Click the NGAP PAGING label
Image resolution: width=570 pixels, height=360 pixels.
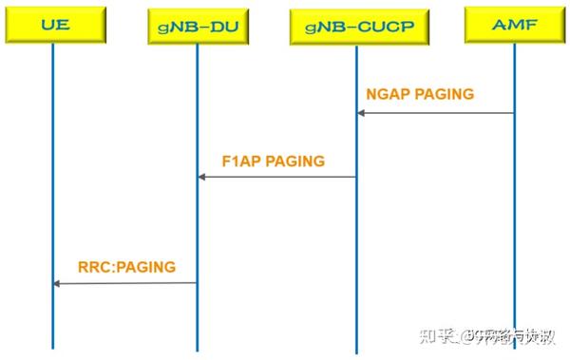(x=420, y=94)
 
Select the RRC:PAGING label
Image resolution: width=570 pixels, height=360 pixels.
(x=126, y=267)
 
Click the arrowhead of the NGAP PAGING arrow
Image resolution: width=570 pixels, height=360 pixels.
(x=361, y=113)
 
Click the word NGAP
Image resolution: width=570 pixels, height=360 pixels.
(x=387, y=94)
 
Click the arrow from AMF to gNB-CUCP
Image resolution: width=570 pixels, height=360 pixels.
(x=437, y=113)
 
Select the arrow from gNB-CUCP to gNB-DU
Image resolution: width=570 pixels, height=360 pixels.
(x=277, y=177)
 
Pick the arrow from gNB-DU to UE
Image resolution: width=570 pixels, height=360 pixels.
(x=125, y=283)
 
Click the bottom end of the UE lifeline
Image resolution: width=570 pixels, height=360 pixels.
(x=53, y=346)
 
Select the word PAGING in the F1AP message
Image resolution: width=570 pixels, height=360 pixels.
(x=294, y=161)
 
